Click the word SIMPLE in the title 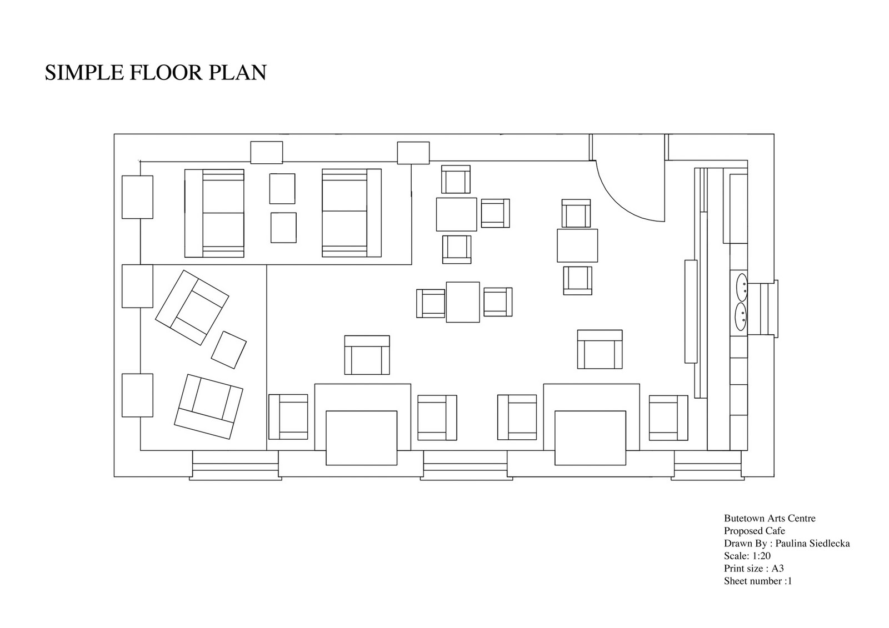coord(84,73)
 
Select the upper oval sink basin coord(742,287)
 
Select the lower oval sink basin coord(741,316)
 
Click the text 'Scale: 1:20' coord(747,556)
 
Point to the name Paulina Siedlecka coord(813,544)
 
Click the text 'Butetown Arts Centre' coord(770,518)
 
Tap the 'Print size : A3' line coord(753,569)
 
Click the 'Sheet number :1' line coord(758,581)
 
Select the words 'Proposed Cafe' coord(755,531)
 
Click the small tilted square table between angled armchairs coord(228,350)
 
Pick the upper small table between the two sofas coord(282,188)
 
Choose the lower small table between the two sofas coord(283,228)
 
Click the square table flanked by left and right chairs coord(463,302)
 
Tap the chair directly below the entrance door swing coord(576,213)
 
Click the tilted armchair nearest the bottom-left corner coord(209,406)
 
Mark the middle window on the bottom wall coord(466,465)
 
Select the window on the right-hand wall coord(763,309)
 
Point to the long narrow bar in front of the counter coord(691,312)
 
